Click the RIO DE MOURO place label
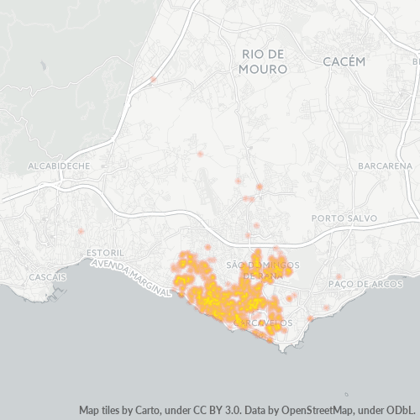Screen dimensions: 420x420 coord(263,61)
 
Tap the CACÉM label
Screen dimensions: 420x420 coord(344,61)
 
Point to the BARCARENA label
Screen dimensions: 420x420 coord(384,166)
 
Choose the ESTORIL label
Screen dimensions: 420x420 coord(105,253)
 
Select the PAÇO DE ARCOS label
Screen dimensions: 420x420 coord(361,285)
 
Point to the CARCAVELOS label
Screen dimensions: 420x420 coord(265,323)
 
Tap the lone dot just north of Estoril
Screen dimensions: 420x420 coord(81,230)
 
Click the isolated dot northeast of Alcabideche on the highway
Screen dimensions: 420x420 coord(154,81)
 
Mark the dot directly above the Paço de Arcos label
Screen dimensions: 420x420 coord(339,276)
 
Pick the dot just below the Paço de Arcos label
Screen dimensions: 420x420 coord(327,307)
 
